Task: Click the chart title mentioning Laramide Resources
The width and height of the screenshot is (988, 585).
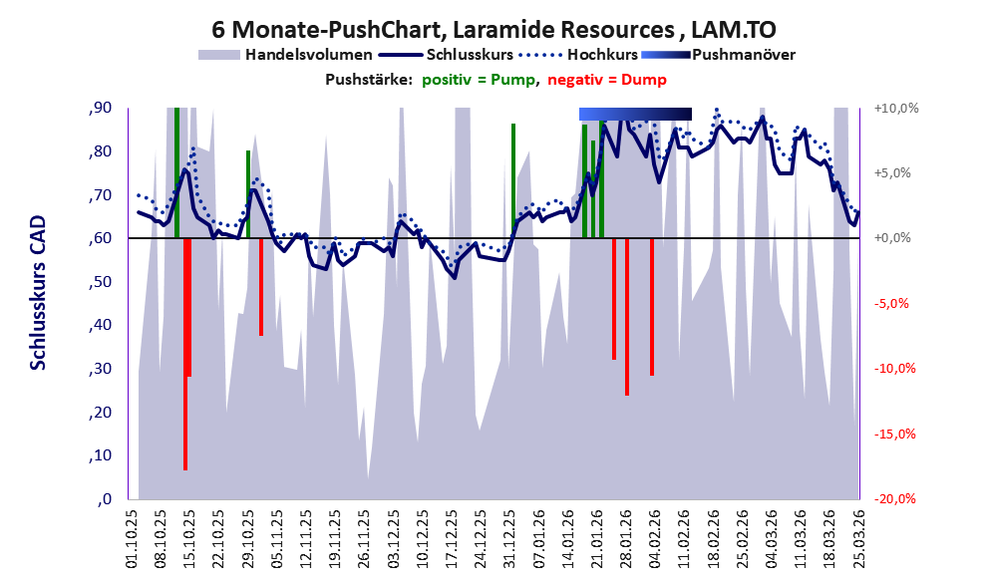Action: pyautogui.click(x=494, y=30)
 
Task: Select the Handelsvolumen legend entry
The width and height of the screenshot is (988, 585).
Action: pyautogui.click(x=285, y=55)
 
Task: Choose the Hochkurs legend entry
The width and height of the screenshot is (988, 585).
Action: pyautogui.click(x=578, y=55)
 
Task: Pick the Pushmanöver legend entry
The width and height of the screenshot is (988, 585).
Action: pyautogui.click(x=718, y=55)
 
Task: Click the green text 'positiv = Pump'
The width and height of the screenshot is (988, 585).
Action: pyautogui.click(x=479, y=80)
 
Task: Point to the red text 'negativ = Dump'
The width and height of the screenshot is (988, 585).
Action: pyautogui.click(x=607, y=80)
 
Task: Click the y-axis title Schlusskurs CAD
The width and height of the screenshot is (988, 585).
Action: pyautogui.click(x=39, y=293)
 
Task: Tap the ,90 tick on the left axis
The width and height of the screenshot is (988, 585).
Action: pyautogui.click(x=100, y=108)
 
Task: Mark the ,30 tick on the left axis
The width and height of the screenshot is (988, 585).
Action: pyautogui.click(x=100, y=369)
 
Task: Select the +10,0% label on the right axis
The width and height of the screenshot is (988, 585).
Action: pyautogui.click(x=896, y=109)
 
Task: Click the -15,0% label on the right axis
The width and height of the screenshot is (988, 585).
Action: pyautogui.click(x=895, y=434)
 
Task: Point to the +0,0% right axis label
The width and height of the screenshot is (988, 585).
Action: pyautogui.click(x=893, y=238)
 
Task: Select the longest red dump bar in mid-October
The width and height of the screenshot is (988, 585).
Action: pyautogui.click(x=185, y=355)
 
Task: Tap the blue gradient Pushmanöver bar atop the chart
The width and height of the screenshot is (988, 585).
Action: pyautogui.click(x=635, y=114)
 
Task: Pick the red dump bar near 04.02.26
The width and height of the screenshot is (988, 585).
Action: pyautogui.click(x=652, y=307)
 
